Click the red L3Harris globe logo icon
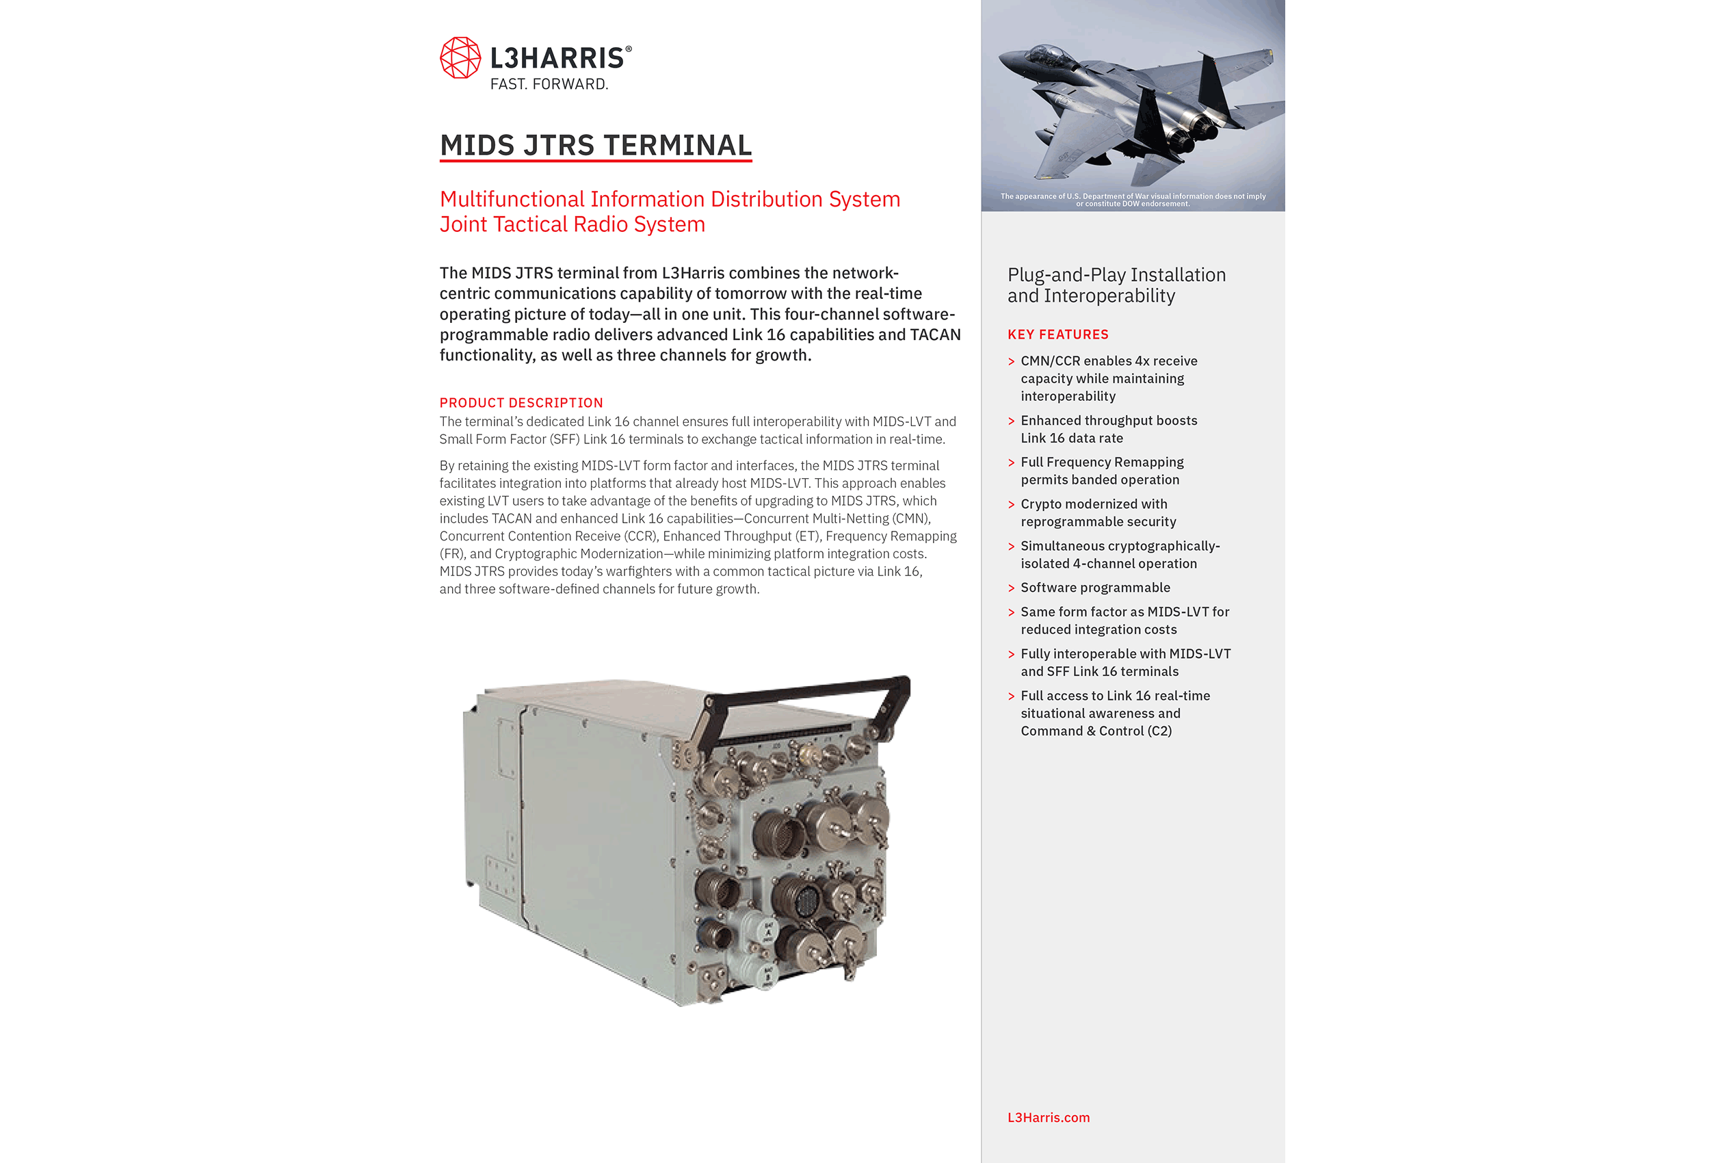tap(460, 57)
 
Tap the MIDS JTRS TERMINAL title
tap(595, 145)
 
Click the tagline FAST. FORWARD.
tap(549, 85)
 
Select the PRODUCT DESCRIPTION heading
tap(521, 403)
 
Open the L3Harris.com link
tap(1048, 1117)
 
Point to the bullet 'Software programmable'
tap(1095, 588)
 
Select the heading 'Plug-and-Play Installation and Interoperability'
tap(1116, 285)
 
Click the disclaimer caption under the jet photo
tap(1133, 200)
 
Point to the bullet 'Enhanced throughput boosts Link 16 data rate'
tap(1108, 429)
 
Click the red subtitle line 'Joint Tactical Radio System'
tap(572, 224)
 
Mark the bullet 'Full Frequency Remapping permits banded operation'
tap(1101, 471)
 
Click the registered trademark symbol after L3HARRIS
tap(629, 49)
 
